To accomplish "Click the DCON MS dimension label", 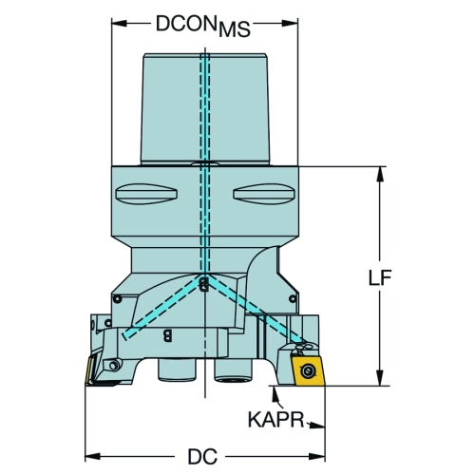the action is click(203, 26).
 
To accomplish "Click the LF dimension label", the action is click(380, 277).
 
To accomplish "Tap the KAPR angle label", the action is click(275, 420).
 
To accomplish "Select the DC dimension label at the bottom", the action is click(202, 456).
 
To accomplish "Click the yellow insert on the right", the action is click(308, 370).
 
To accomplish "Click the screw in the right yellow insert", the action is click(307, 370).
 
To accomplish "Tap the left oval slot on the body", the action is click(146, 194).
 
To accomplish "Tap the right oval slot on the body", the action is click(264, 194).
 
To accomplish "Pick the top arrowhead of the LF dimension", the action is click(380, 174).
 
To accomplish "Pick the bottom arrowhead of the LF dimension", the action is click(380, 378).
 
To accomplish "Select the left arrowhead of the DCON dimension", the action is click(119, 23).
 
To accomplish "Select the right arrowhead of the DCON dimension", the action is click(290, 23).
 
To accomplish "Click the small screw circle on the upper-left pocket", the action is click(118, 298).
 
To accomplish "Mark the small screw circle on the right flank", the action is click(293, 298).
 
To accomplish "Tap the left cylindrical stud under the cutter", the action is click(177, 369).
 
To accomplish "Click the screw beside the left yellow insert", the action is click(114, 366).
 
